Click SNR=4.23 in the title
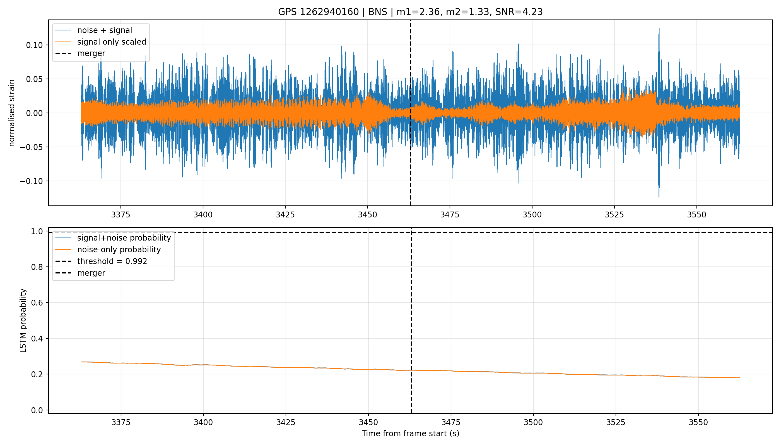(x=519, y=12)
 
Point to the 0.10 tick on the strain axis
(x=34, y=45)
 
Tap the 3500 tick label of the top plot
(x=532, y=215)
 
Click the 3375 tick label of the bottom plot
(x=121, y=422)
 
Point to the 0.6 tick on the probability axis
(x=37, y=303)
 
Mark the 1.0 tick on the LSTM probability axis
(x=37, y=232)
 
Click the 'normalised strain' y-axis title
(x=12, y=113)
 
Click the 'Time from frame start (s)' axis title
(x=410, y=434)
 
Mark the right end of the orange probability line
(x=740, y=378)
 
